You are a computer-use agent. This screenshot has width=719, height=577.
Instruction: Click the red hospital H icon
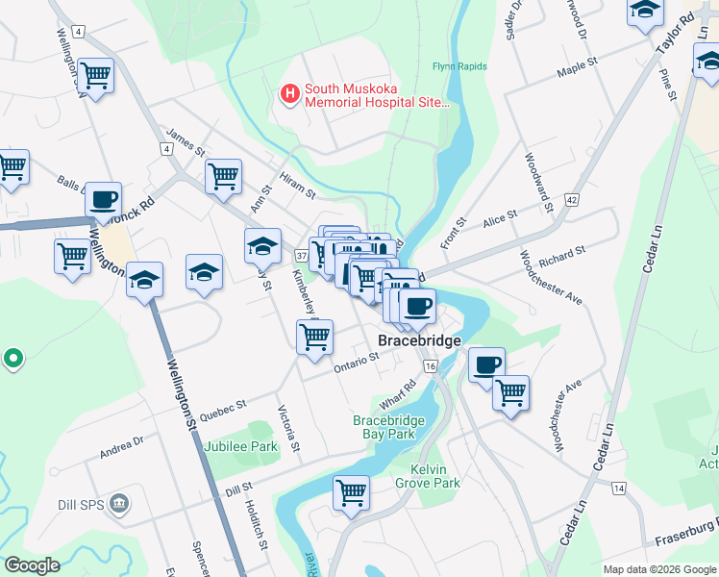pos(288,93)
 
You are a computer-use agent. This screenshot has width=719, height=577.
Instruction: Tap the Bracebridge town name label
pos(419,340)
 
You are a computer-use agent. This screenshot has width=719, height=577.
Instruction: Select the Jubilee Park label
pos(240,447)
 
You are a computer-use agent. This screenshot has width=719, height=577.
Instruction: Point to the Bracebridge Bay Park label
pos(397,428)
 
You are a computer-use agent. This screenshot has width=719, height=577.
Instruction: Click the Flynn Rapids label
pos(459,66)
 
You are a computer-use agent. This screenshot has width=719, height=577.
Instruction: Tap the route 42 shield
pos(571,199)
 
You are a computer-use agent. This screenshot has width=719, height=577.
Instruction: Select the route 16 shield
pos(430,366)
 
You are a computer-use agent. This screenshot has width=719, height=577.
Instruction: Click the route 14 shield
pos(617,489)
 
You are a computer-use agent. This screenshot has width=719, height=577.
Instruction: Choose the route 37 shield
pos(301,256)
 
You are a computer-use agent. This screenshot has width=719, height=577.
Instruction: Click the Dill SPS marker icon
pos(119,502)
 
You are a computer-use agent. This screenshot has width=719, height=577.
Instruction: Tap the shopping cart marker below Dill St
pos(351,491)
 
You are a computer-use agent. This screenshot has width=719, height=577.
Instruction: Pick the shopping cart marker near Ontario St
pos(314,338)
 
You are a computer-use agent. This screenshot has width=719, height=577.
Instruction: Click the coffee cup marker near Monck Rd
pos(103,200)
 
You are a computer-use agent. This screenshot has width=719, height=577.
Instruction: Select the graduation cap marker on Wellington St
pos(144,280)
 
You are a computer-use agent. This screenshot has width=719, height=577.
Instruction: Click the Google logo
pos(33,565)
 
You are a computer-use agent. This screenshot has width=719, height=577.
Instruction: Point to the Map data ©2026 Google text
pos(658,569)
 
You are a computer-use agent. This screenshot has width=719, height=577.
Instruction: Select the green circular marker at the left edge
pos(12,360)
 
